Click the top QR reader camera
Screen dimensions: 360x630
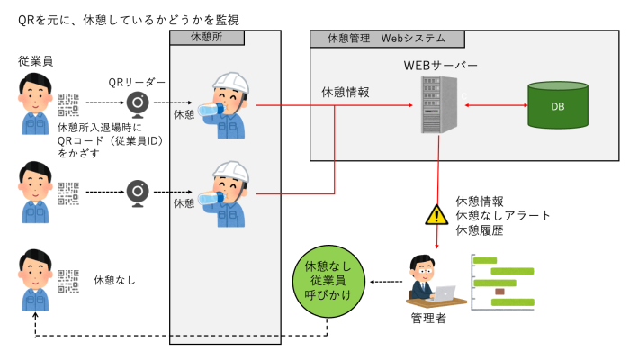click(x=138, y=104)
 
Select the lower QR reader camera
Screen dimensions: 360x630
click(x=138, y=192)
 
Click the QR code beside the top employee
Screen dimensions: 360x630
click(x=68, y=104)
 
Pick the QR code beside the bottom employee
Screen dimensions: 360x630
click(x=68, y=281)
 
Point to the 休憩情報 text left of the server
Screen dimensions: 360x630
click(x=346, y=92)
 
